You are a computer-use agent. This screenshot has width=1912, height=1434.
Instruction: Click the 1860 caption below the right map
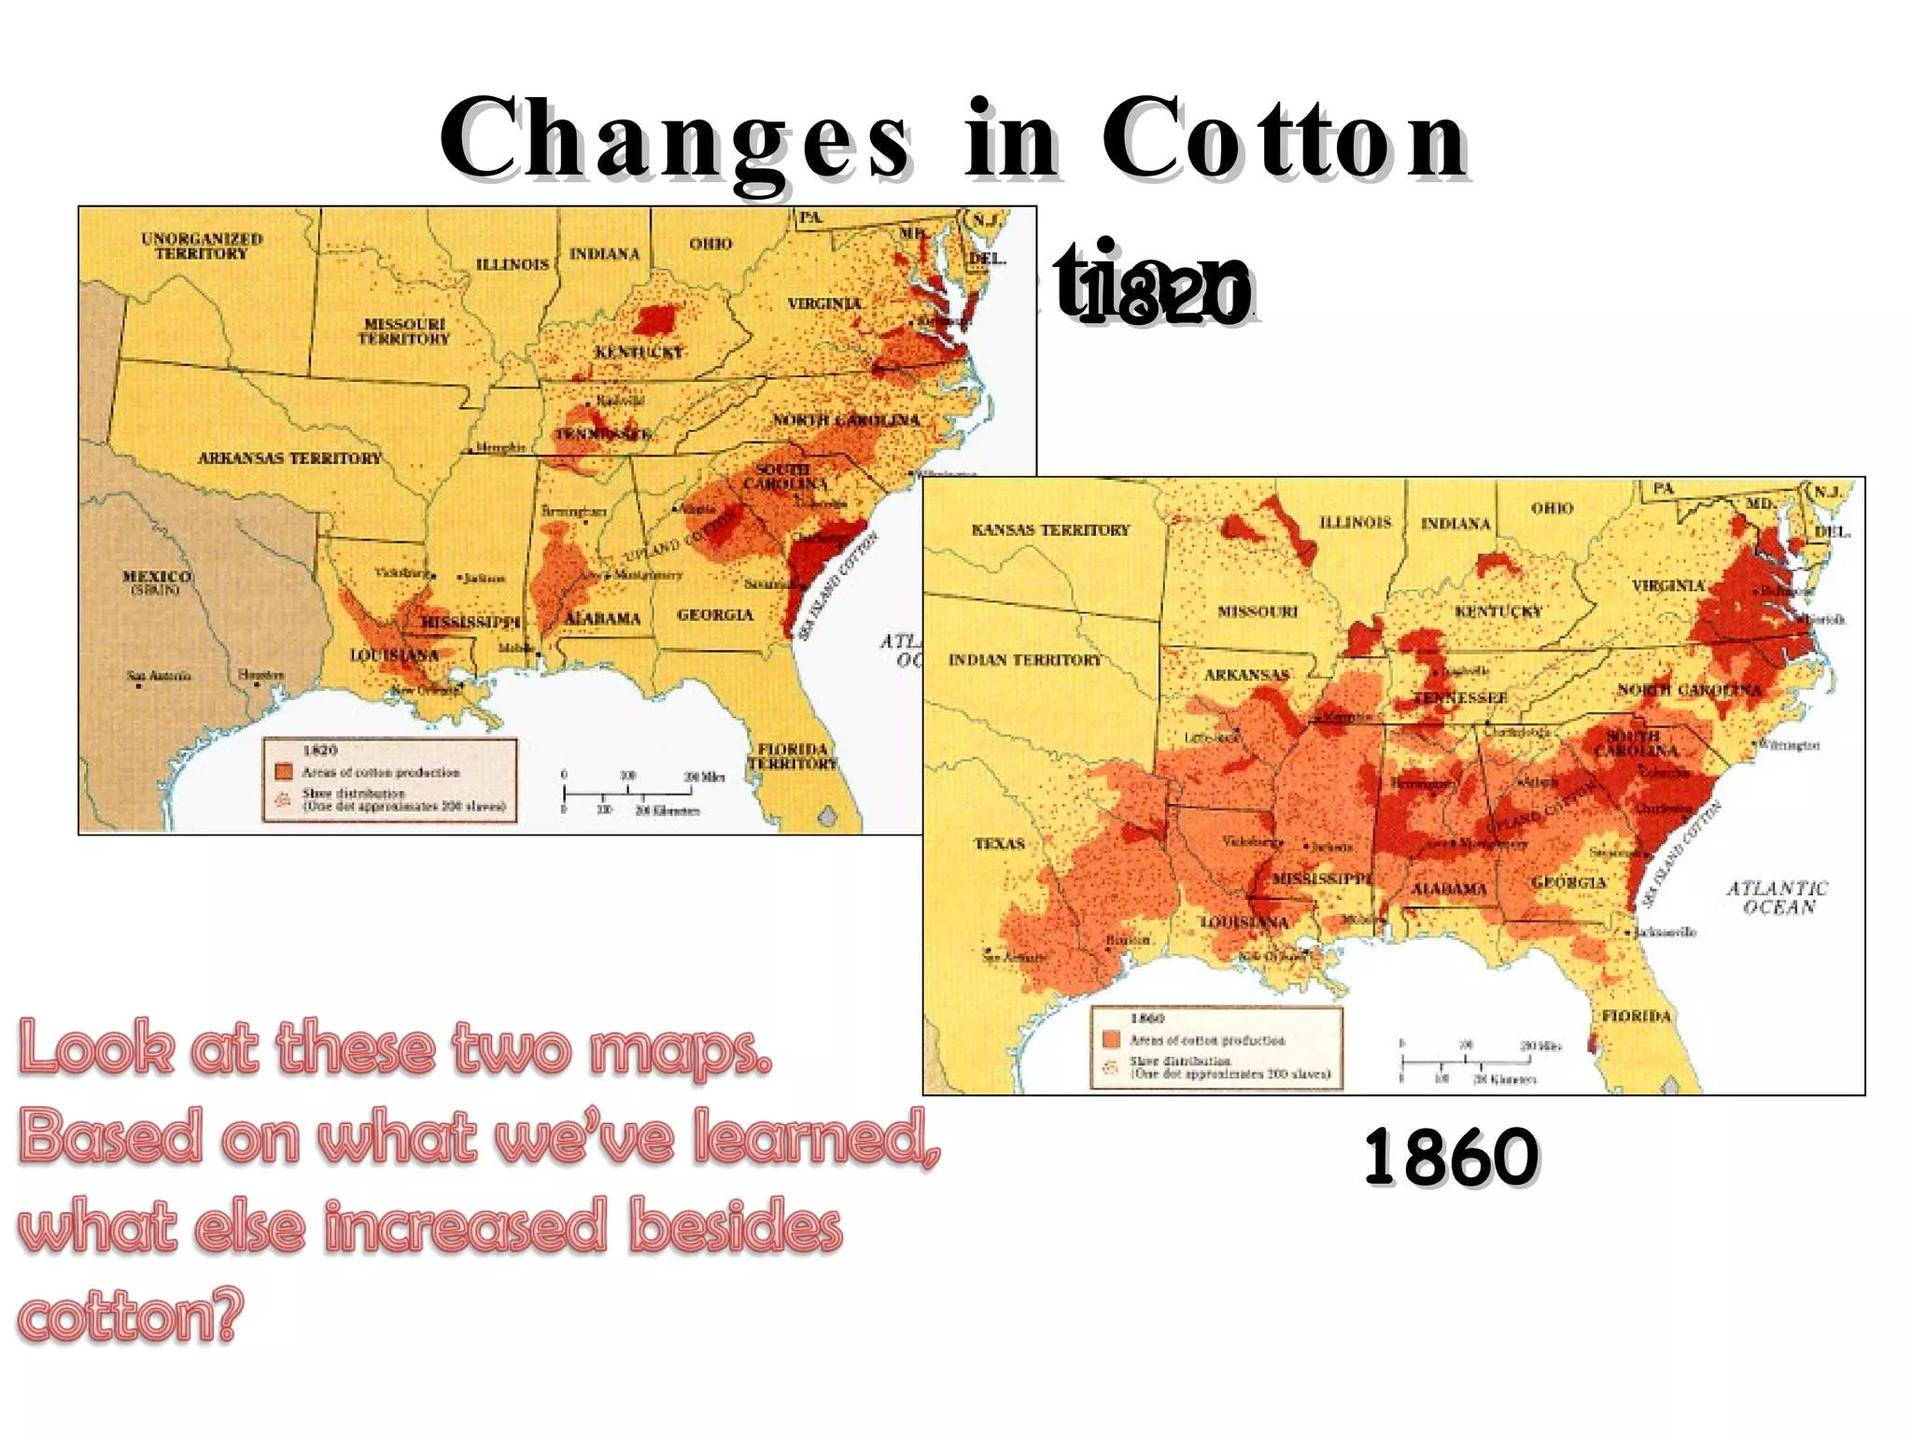1450,1157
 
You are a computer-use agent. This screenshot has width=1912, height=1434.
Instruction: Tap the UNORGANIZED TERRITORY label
202,246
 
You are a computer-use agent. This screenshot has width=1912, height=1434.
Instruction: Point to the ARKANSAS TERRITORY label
289,457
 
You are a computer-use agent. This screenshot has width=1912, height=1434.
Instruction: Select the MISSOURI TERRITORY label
404,331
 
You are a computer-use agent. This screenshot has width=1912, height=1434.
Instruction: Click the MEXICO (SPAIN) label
157,582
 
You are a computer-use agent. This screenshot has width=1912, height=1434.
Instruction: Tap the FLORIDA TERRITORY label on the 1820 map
793,756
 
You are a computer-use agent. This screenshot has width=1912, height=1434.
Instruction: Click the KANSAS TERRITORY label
1050,529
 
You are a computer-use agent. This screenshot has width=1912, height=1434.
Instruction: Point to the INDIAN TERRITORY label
1025,660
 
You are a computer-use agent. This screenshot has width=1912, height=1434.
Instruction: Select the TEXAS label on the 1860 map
999,843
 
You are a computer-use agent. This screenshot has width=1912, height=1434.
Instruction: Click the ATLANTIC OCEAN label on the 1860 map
1777,897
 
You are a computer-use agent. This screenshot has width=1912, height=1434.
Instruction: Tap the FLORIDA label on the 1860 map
1636,1016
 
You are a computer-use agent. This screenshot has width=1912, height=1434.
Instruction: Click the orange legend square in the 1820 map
284,772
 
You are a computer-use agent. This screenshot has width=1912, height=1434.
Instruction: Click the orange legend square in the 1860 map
1111,1040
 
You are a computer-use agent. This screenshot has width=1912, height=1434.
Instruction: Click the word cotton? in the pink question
131,1315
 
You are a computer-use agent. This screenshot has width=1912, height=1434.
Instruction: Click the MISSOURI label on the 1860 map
1257,612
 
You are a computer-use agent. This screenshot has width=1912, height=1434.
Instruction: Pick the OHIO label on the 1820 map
710,244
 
